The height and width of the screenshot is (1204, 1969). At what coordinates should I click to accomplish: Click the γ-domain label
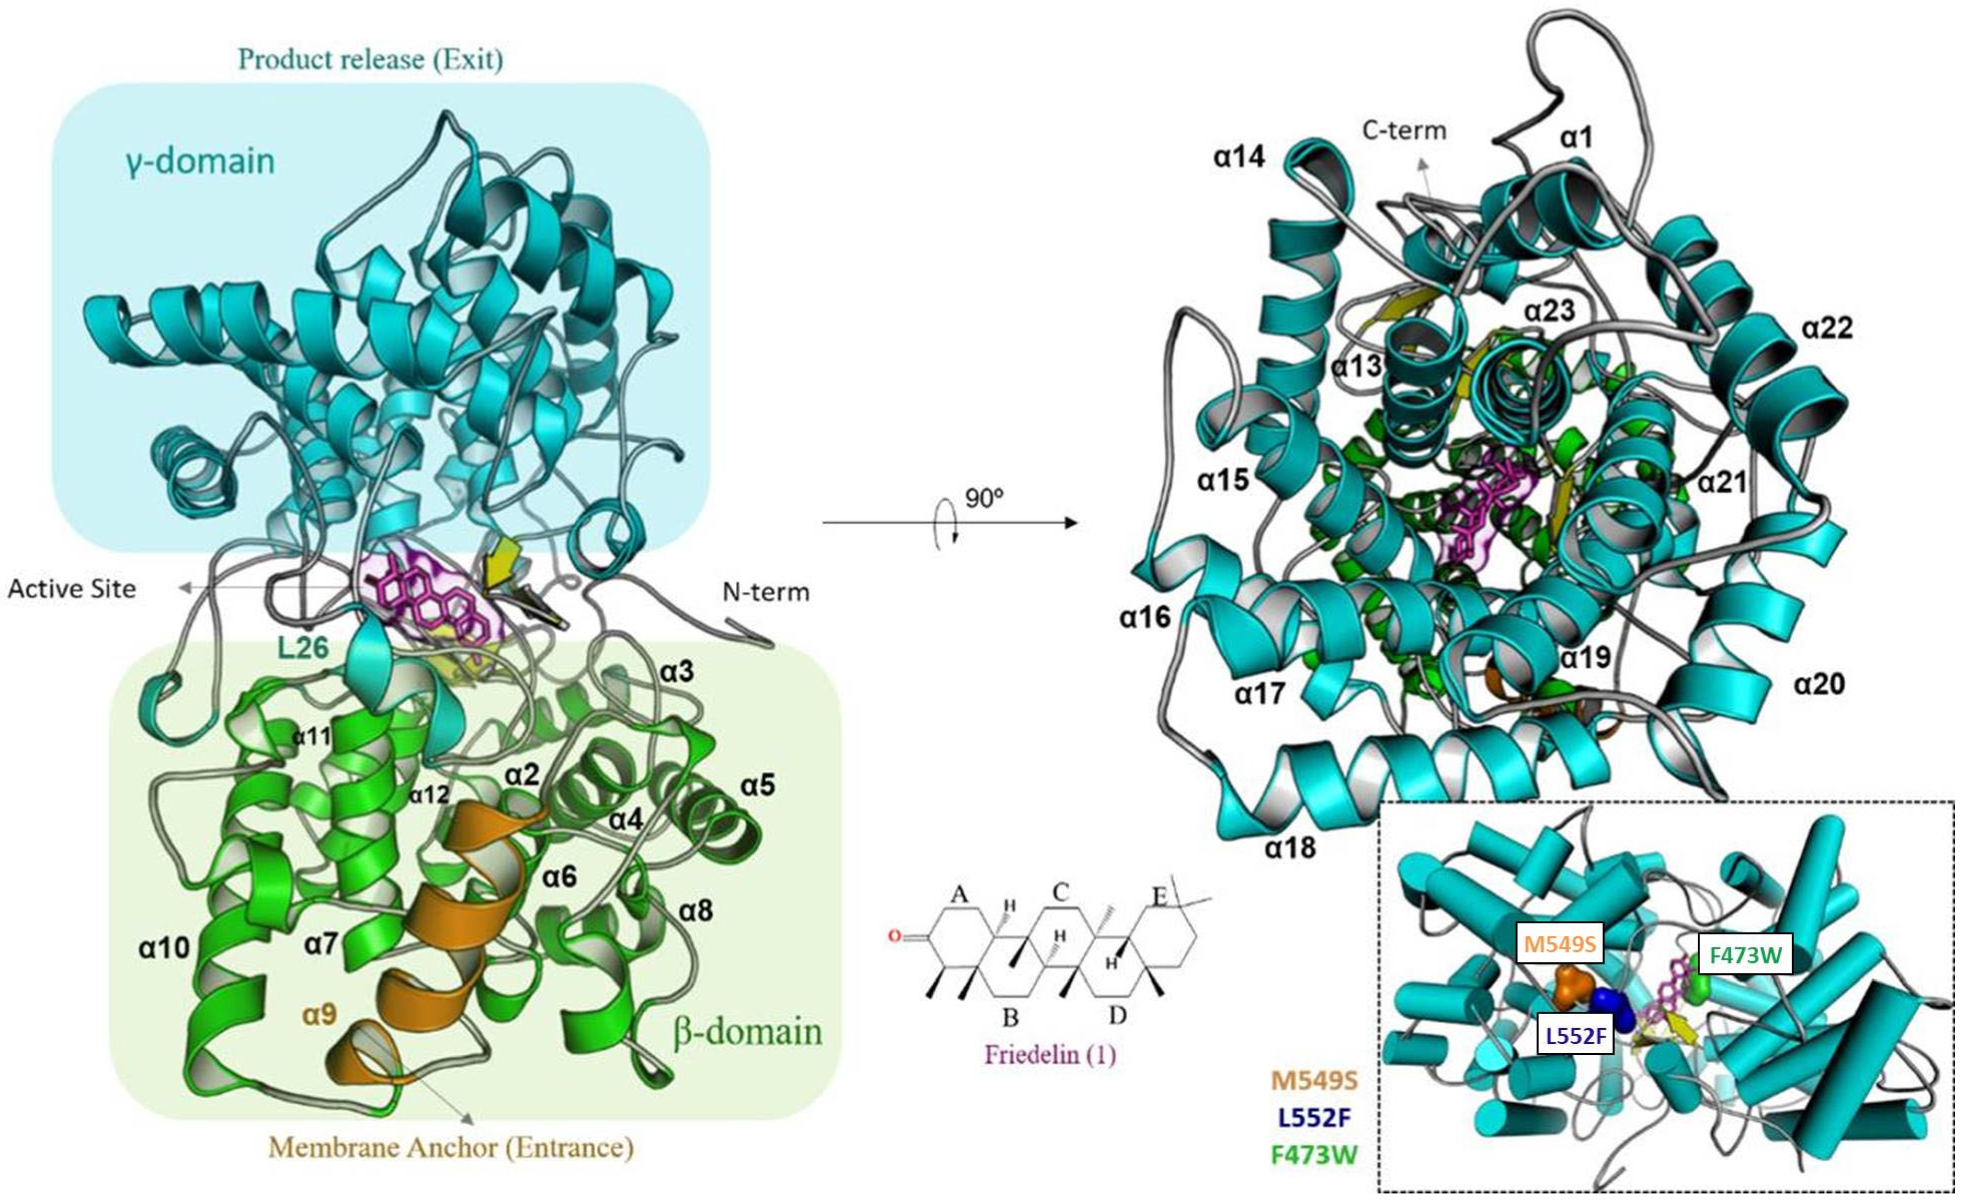coord(200,162)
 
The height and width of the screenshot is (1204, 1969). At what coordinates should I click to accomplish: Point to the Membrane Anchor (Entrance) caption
coord(452,1148)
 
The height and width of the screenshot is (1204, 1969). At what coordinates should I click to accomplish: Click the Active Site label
coord(72,589)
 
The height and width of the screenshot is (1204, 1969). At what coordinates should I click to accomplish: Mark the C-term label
coord(1404,130)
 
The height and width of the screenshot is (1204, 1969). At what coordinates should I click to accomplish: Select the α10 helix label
coord(164,948)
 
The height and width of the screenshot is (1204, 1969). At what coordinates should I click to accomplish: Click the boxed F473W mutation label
coord(1745,956)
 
